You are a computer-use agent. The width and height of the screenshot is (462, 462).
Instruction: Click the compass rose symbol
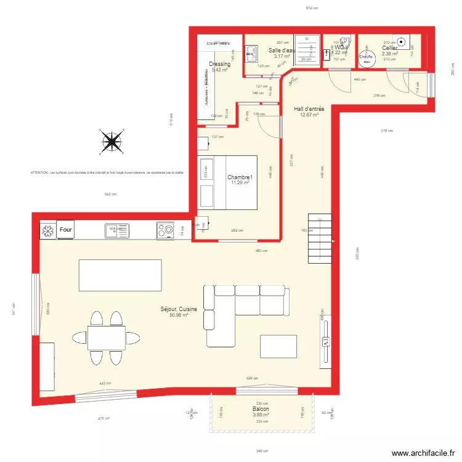[x=111, y=142]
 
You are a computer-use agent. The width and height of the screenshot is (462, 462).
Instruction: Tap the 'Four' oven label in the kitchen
[x=66, y=230]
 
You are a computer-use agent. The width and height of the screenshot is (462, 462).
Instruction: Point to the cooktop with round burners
[x=165, y=230]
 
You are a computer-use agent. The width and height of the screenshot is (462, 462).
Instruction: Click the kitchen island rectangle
[x=120, y=275]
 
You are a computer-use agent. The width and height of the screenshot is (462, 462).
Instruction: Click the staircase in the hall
[x=320, y=237]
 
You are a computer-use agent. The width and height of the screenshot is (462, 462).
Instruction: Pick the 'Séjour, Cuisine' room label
[x=179, y=309]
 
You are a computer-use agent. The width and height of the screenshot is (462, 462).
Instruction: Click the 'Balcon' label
[x=261, y=408]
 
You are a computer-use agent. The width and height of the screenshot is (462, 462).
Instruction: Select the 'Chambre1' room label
[x=240, y=177]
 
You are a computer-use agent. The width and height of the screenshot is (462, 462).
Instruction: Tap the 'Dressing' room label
[x=220, y=64]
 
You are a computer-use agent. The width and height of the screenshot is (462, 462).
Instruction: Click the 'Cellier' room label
[x=389, y=47]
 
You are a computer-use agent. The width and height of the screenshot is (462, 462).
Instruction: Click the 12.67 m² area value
[x=309, y=115]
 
